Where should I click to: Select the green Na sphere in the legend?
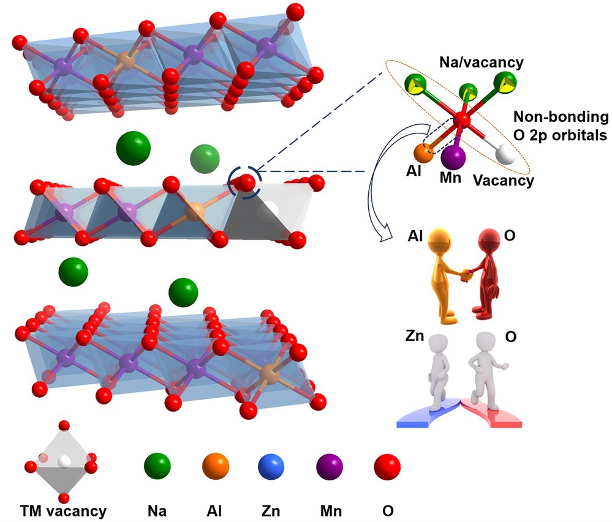pyautogui.click(x=157, y=468)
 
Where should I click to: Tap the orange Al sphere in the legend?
pyautogui.click(x=216, y=468)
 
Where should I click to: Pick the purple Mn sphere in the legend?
pyautogui.click(x=330, y=468)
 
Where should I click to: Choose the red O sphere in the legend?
pyautogui.click(x=387, y=468)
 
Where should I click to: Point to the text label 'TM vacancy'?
pyautogui.click(x=63, y=510)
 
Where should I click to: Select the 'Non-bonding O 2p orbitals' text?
pyautogui.click(x=561, y=127)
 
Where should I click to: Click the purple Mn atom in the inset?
pyautogui.click(x=453, y=156)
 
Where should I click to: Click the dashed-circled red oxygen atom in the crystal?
pyautogui.click(x=246, y=182)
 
